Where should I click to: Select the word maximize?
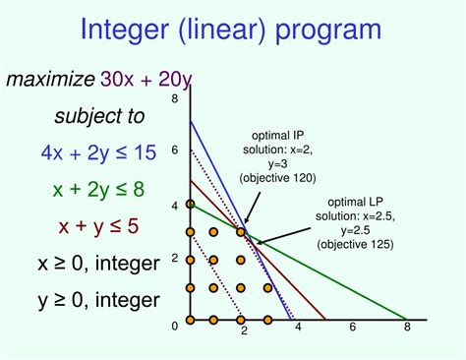pyautogui.click(x=51, y=78)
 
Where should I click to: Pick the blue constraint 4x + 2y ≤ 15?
pyautogui.click(x=85, y=152)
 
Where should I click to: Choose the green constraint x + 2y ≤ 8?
pyautogui.click(x=85, y=190)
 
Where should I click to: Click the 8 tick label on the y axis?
pyautogui.click(x=174, y=98)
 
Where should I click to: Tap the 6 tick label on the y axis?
pyautogui.click(x=174, y=150)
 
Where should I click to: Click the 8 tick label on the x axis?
pyautogui.click(x=405, y=332)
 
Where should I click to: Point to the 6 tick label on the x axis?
pyautogui.click(x=351, y=332)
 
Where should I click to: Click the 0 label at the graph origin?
pyautogui.click(x=174, y=326)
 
